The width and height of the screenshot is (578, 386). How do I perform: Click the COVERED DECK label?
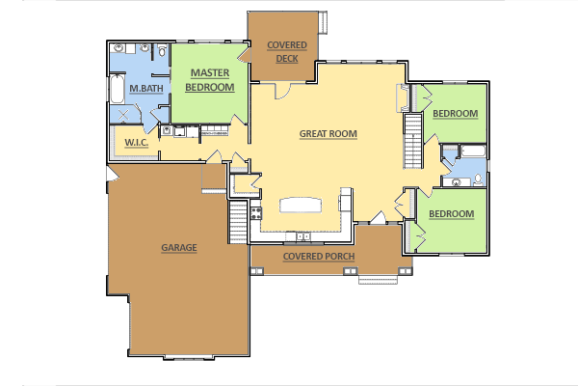click(287, 52)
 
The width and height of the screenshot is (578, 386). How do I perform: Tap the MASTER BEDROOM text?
click(210, 80)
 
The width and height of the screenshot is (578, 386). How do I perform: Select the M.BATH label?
click(146, 89)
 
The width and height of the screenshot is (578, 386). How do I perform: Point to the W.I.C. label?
click(137, 143)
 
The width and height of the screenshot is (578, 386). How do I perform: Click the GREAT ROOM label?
click(328, 134)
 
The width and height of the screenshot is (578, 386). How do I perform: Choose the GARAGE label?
click(179, 247)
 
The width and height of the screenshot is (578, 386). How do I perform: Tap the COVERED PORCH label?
click(319, 257)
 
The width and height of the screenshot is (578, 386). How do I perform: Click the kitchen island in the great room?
click(301, 206)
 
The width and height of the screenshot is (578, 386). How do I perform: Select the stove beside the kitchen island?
click(256, 213)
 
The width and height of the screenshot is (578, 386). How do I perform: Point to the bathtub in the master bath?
click(118, 89)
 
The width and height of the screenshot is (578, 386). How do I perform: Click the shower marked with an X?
click(124, 114)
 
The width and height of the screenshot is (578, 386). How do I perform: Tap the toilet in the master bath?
click(162, 50)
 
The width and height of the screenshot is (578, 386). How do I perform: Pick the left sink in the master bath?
click(118, 48)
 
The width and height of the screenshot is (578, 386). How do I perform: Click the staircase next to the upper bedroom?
click(413, 141)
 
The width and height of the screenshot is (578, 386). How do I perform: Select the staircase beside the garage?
click(238, 222)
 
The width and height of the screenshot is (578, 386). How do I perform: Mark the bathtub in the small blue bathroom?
click(473, 151)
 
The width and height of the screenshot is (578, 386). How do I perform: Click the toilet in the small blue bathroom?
click(478, 179)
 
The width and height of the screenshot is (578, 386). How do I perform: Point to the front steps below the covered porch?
click(379, 280)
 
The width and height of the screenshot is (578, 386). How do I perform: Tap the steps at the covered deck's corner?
click(323, 22)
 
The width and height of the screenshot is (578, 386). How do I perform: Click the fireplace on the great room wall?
click(403, 97)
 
